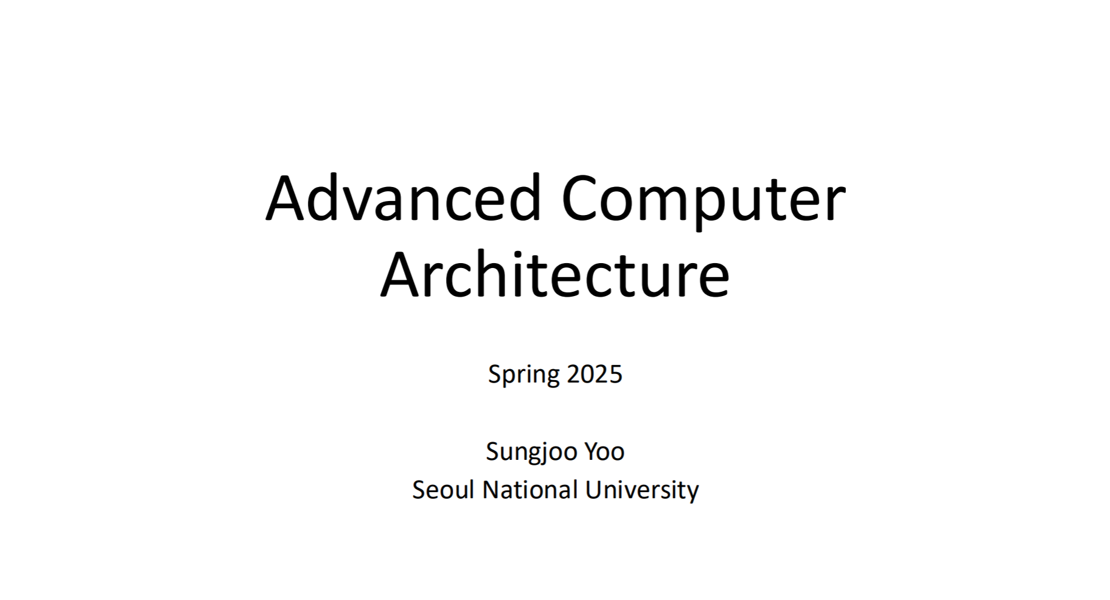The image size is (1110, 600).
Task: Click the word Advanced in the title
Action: click(x=403, y=198)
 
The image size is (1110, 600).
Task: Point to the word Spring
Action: click(x=524, y=375)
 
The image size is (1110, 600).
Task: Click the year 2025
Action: click(x=595, y=373)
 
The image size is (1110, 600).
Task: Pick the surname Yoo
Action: click(x=604, y=451)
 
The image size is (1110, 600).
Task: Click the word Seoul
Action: click(x=443, y=490)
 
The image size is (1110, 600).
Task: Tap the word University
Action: click(x=642, y=491)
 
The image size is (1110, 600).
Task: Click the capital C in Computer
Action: click(x=582, y=199)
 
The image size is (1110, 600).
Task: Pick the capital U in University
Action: click(x=594, y=490)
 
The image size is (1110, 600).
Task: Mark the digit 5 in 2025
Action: click(x=616, y=374)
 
